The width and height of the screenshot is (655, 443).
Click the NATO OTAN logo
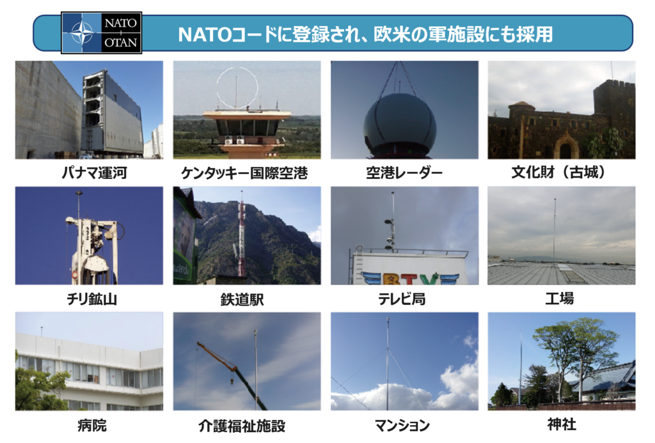click(x=102, y=33)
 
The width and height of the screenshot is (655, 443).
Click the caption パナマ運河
click(x=94, y=173)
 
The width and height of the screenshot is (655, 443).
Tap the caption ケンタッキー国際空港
click(x=244, y=173)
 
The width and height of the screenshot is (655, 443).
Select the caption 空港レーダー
click(x=404, y=173)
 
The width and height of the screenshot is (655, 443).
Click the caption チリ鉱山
click(x=92, y=299)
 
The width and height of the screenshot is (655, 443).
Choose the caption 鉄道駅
click(x=242, y=299)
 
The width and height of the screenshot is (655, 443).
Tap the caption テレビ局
click(x=402, y=299)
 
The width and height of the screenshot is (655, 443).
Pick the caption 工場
click(x=559, y=299)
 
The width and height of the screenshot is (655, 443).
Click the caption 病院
click(x=92, y=426)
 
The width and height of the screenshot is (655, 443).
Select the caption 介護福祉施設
click(x=242, y=426)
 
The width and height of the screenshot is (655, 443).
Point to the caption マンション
click(x=402, y=426)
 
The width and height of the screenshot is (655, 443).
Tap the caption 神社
click(x=562, y=424)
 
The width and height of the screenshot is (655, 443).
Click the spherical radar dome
click(x=400, y=124)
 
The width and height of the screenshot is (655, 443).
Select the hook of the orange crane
click(x=230, y=381)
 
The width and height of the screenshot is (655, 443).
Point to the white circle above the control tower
click(x=237, y=88)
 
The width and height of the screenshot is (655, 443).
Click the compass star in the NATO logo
click(x=82, y=33)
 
